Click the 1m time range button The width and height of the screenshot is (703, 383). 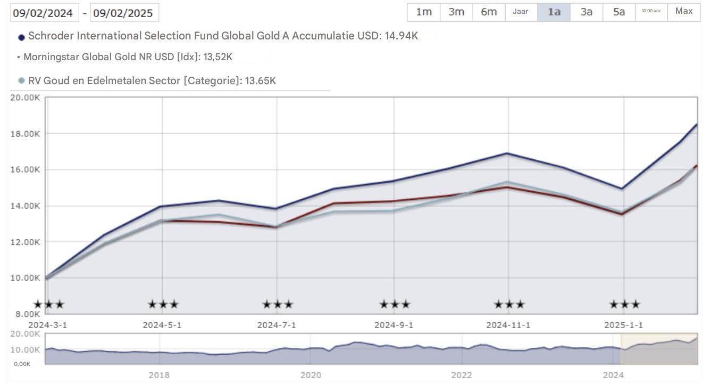423,12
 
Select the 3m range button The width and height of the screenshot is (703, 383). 456,12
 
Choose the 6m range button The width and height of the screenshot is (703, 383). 489,12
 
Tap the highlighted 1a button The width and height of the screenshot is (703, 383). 554,12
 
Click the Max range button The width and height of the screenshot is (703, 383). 684,12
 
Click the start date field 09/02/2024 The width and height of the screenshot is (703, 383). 45,13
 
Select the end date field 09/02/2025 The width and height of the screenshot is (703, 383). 124,13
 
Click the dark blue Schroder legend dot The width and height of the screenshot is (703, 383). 22,37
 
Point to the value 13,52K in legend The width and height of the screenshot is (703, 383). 217,57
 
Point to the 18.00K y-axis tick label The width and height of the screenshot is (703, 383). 25,134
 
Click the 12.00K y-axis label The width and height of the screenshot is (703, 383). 25,242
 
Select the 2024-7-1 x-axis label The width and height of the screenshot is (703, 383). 277,325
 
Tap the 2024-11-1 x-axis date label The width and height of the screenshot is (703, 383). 508,325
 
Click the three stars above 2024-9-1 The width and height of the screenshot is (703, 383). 395,305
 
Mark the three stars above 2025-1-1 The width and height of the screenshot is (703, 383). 624,305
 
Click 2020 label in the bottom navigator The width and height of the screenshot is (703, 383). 311,375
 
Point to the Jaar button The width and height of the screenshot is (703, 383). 521,12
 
